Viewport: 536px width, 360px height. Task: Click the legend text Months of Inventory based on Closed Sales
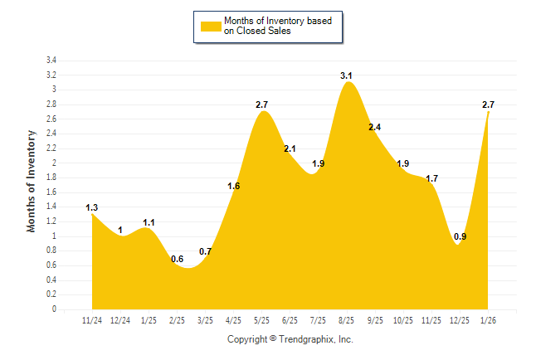[279, 26]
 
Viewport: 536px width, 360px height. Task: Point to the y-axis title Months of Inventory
[32, 181]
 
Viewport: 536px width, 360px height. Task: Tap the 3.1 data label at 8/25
[347, 75]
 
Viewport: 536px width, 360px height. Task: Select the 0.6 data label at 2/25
[178, 259]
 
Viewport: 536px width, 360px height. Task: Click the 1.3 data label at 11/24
[92, 207]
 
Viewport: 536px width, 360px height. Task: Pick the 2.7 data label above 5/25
[261, 105]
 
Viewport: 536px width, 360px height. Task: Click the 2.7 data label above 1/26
[489, 105]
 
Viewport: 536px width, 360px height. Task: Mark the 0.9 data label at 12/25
[460, 236]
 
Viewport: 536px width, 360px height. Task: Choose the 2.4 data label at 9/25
[375, 127]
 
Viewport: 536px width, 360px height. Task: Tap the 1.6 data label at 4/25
[233, 186]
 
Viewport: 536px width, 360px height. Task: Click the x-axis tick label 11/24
[92, 319]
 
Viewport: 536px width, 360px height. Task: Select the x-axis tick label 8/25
[347, 319]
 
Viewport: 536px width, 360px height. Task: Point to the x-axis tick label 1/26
[489, 319]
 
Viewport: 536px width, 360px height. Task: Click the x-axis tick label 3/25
[205, 319]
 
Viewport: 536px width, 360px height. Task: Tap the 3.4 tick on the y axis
[51, 61]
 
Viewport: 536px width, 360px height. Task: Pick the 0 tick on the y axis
[55, 309]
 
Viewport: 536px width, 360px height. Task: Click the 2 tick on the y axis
[55, 163]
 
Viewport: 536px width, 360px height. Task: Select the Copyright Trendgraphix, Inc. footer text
[290, 339]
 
